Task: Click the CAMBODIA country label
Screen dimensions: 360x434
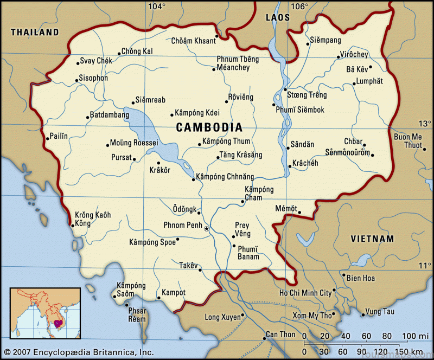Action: (209, 127)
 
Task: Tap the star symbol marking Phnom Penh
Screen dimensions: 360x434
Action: (206, 229)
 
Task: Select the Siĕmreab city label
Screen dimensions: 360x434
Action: (151, 100)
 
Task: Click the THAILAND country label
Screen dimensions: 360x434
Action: (35, 33)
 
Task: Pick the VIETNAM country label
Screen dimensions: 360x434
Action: (372, 239)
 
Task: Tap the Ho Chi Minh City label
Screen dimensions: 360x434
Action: (305, 293)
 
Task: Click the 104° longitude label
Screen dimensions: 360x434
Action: (157, 7)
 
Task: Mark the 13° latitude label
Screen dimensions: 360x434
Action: (425, 123)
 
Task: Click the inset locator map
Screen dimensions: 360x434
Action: (45, 313)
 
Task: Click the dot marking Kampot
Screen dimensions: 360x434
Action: (158, 298)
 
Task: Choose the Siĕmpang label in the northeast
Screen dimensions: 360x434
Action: (325, 40)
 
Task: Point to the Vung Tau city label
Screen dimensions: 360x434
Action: (380, 311)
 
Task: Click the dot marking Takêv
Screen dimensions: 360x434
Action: (200, 269)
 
